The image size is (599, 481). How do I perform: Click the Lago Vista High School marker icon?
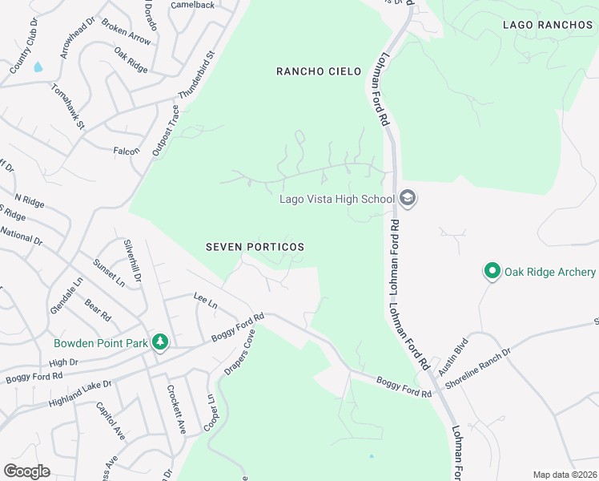[408, 199]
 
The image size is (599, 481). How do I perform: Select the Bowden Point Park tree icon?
[161, 343]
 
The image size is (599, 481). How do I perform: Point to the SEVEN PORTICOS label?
[255, 247]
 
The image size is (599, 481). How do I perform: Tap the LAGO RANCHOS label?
[548, 25]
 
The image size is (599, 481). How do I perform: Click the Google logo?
[26, 471]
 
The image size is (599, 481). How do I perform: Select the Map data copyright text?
[565, 475]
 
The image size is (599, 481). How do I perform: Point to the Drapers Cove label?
[241, 353]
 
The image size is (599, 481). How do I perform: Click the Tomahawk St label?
[68, 105]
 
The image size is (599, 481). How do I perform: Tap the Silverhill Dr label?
[131, 261]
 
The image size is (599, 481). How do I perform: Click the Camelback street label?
[192, 5]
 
